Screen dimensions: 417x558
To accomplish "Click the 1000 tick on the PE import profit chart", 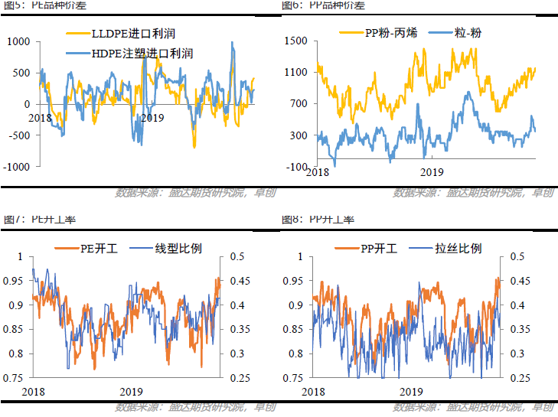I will (18, 41).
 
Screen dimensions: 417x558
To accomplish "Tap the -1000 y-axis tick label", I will (16, 167).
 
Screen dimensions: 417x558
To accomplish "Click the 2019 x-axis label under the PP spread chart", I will (432, 173).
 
